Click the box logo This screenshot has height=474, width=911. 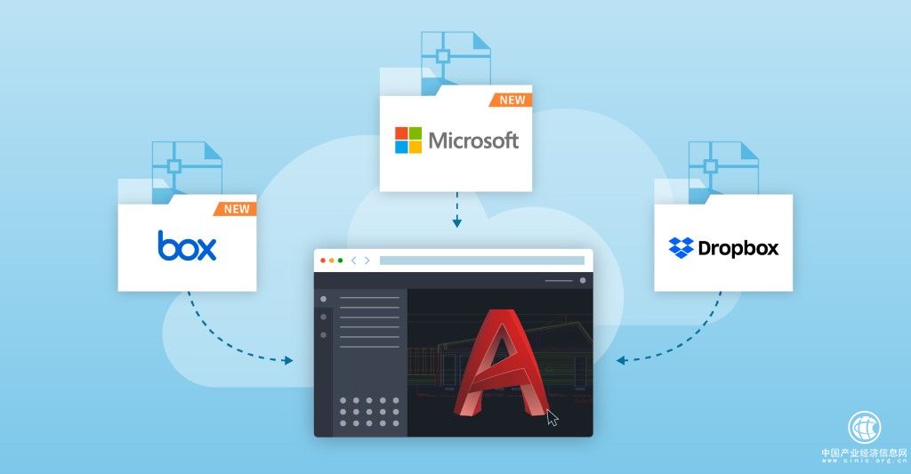[x=187, y=245]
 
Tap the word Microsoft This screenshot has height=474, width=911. [x=473, y=140]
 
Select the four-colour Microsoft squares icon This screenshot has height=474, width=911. [x=408, y=140]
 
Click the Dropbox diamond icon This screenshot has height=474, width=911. [x=681, y=248]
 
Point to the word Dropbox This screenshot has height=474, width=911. [x=738, y=248]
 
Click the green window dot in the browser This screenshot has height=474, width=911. [x=340, y=261]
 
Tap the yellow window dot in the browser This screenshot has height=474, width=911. [x=331, y=261]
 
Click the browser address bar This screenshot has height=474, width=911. [x=481, y=261]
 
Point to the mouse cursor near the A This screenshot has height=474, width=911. [x=552, y=417]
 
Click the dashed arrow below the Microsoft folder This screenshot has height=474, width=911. [x=456, y=210]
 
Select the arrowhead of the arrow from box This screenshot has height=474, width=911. [x=288, y=360]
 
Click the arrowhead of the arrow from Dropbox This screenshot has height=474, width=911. [x=621, y=360]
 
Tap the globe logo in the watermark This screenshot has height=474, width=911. [x=864, y=428]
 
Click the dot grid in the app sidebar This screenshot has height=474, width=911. [x=370, y=412]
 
